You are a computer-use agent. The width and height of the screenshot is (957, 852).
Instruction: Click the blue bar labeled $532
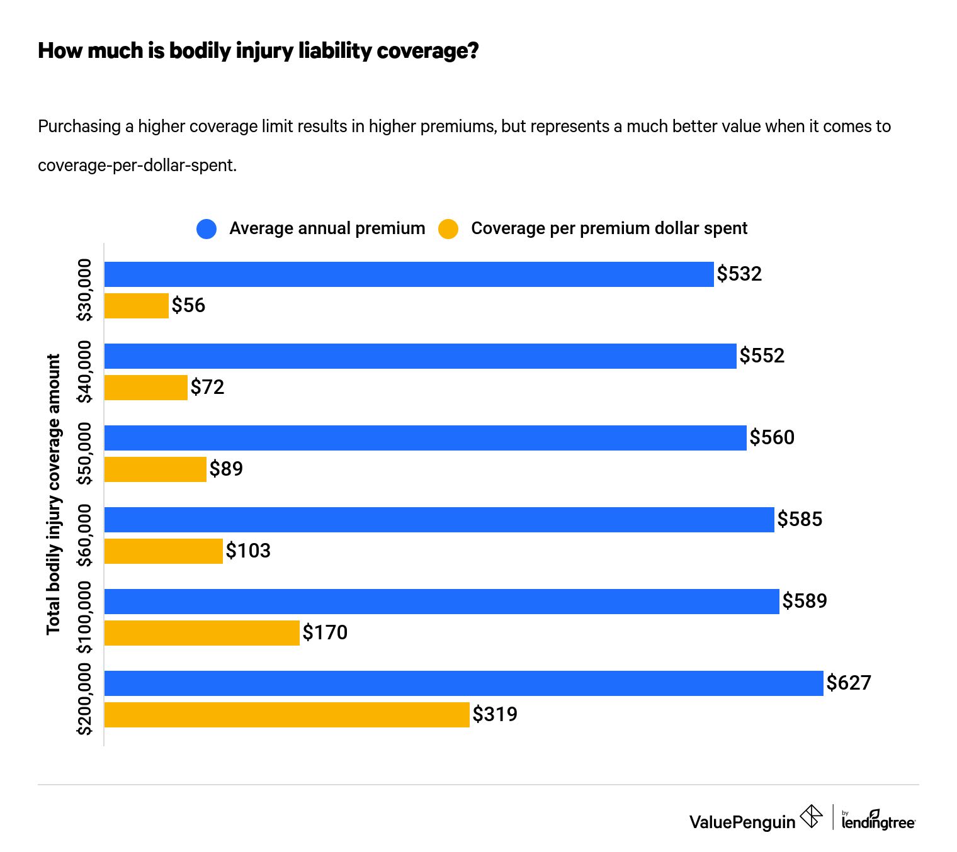(409, 274)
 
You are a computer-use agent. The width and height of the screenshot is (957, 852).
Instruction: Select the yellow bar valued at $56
(136, 306)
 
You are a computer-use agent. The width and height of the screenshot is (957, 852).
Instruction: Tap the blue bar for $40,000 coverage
(420, 356)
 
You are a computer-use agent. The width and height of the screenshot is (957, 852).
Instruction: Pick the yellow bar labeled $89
(155, 469)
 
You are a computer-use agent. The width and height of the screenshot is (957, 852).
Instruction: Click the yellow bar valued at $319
(286, 715)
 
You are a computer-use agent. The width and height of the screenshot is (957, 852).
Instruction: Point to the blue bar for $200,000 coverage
(463, 683)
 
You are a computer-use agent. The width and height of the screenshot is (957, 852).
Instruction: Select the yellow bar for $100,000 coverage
(201, 633)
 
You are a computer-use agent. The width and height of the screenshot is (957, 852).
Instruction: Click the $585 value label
(800, 519)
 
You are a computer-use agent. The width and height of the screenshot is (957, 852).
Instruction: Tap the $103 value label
(248, 551)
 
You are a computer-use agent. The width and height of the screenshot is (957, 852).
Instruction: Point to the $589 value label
(805, 601)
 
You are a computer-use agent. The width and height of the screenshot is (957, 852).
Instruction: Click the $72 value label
(207, 387)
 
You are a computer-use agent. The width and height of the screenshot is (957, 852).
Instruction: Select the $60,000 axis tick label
(84, 535)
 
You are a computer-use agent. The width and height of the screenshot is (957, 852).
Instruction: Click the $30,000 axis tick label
(84, 290)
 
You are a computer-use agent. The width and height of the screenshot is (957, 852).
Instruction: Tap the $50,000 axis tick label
(84, 454)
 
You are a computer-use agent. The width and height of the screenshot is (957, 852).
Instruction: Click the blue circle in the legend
(207, 229)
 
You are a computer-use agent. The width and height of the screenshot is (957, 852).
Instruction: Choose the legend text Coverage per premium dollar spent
(609, 228)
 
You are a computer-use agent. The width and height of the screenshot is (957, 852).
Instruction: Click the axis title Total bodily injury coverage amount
(54, 494)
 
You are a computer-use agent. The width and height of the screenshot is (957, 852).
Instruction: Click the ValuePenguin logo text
(742, 822)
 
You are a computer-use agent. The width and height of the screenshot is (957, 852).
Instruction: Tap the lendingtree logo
(878, 821)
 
